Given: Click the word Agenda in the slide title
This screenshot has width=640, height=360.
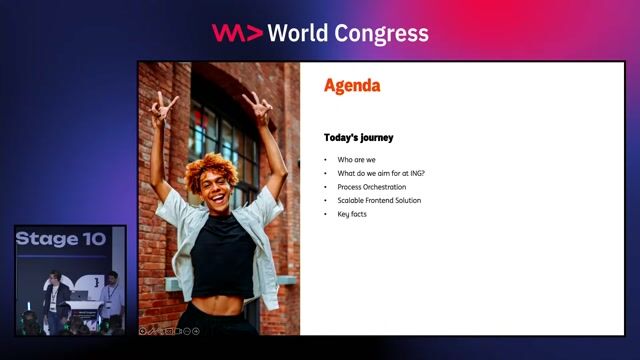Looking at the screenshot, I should [352, 86].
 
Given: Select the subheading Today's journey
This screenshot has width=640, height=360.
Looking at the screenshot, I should [359, 137].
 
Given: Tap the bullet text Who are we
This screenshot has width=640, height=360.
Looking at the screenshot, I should [356, 160].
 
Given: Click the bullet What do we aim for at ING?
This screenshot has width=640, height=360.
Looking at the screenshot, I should [381, 173].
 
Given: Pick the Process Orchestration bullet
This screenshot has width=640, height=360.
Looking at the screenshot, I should [371, 187].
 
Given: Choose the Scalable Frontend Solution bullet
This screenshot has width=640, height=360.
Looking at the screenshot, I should [379, 200].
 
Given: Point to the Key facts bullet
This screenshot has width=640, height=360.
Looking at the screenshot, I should [352, 214].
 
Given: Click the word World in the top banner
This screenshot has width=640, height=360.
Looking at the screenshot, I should [302, 33].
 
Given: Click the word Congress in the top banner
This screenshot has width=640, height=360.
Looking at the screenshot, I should [384, 33].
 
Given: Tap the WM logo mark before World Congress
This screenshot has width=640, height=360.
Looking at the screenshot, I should [237, 33].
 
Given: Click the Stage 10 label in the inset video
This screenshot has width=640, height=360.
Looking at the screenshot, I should [60, 240].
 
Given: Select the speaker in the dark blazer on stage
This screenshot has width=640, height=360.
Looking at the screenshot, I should [52, 296].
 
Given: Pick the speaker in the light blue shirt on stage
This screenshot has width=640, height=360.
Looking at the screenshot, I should [111, 295].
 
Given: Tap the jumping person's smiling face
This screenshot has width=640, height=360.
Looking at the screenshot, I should [216, 185].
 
